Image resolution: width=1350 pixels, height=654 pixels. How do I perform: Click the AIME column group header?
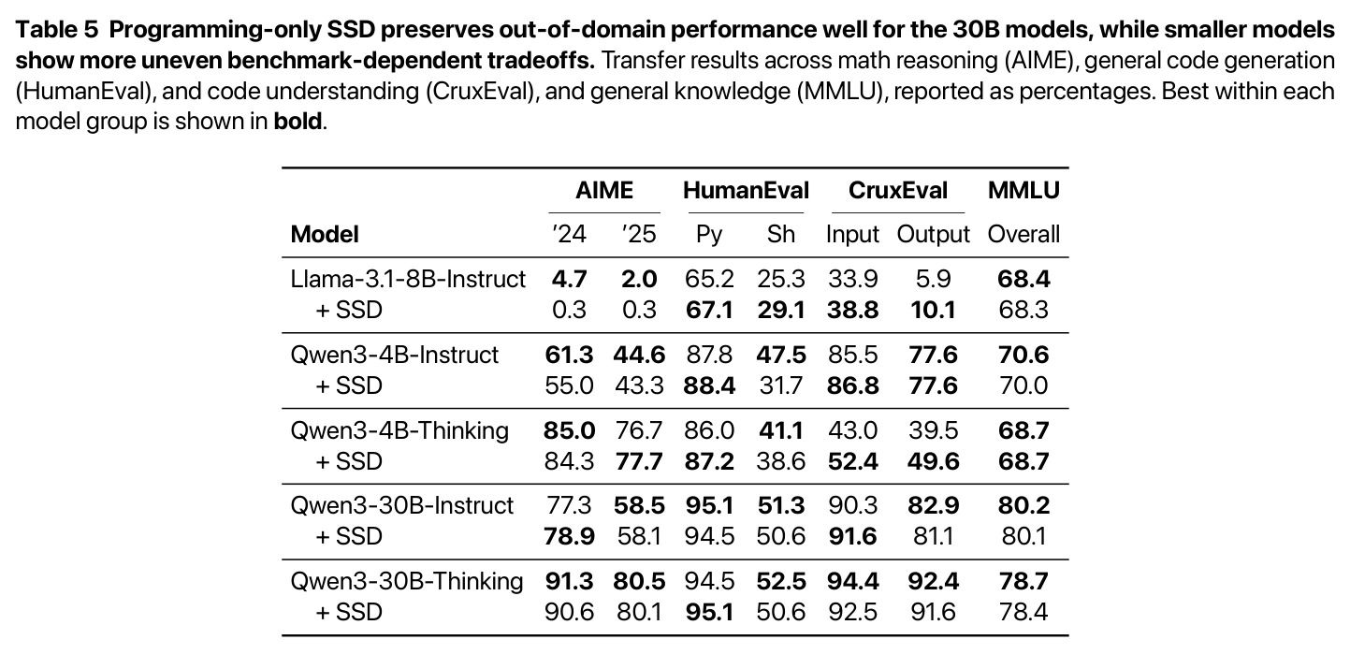tap(603, 191)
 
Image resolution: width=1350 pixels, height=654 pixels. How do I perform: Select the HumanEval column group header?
tap(746, 191)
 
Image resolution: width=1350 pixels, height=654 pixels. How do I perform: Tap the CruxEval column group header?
tap(898, 191)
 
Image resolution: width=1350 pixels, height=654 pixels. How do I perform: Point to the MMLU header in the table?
tap(1023, 191)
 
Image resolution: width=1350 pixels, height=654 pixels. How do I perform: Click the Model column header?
tap(325, 235)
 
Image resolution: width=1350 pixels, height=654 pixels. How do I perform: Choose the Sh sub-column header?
tap(781, 235)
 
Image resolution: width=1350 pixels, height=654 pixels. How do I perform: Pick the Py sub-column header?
tap(709, 235)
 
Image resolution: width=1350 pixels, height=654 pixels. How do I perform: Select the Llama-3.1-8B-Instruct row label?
tap(408, 279)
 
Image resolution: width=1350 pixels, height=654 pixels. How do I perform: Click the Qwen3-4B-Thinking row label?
tap(399, 431)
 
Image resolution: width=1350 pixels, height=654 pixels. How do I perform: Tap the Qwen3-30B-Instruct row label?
tap(402, 506)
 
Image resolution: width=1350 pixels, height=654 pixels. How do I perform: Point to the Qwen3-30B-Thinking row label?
tap(407, 582)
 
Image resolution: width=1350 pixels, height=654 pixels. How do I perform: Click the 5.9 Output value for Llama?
tap(933, 279)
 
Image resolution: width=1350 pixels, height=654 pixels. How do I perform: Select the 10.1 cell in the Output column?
tap(933, 310)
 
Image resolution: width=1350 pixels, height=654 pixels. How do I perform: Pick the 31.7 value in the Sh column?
tap(781, 385)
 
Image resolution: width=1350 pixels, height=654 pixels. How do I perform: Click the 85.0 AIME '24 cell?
tap(569, 431)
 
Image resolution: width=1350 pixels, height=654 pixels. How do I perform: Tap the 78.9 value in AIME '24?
tap(569, 536)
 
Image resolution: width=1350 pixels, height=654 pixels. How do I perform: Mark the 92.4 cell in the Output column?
tap(933, 582)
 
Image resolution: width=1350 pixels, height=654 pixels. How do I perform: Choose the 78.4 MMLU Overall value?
tap(1023, 613)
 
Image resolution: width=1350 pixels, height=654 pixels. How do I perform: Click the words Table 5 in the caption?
tap(57, 30)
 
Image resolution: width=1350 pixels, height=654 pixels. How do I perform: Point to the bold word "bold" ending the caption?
tap(298, 122)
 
